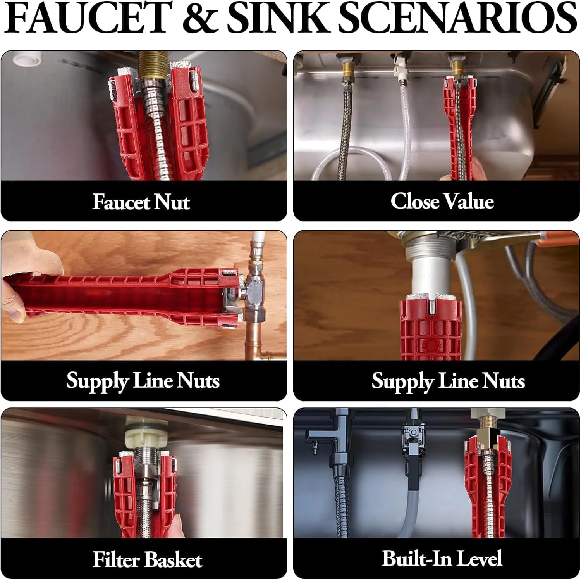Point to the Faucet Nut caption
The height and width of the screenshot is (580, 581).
click(141, 202)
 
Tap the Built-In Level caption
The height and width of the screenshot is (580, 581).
click(442, 559)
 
